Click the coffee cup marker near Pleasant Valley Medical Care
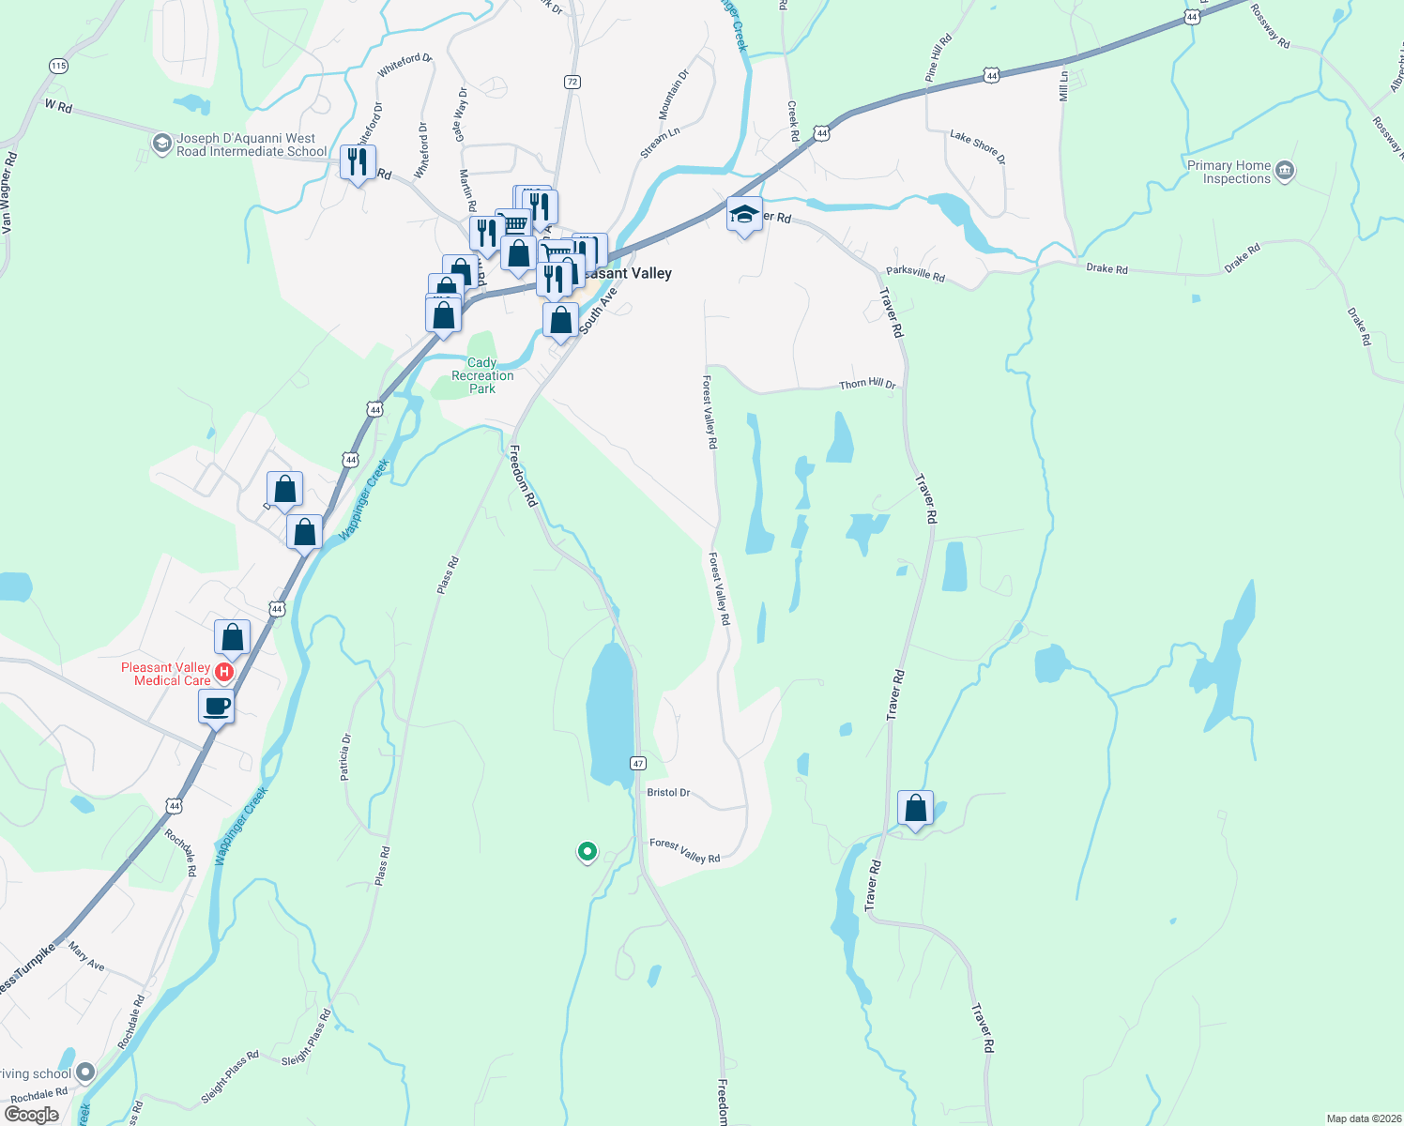[216, 706]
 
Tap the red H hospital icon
[224, 672]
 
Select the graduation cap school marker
[744, 215]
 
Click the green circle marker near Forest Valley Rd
[588, 851]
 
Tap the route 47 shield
[638, 763]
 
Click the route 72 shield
[572, 82]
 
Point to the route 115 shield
[59, 66]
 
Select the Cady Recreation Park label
[482, 375]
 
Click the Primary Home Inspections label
[1228, 172]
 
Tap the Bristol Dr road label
[668, 793]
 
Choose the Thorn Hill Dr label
[867, 385]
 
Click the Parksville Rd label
[915, 275]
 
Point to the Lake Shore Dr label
[977, 147]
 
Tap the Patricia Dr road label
[345, 757]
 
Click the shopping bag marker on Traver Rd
[915, 808]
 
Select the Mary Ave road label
[86, 957]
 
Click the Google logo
[32, 1115]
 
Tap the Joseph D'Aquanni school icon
[162, 144]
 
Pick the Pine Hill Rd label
[938, 58]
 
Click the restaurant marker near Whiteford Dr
[358, 162]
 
